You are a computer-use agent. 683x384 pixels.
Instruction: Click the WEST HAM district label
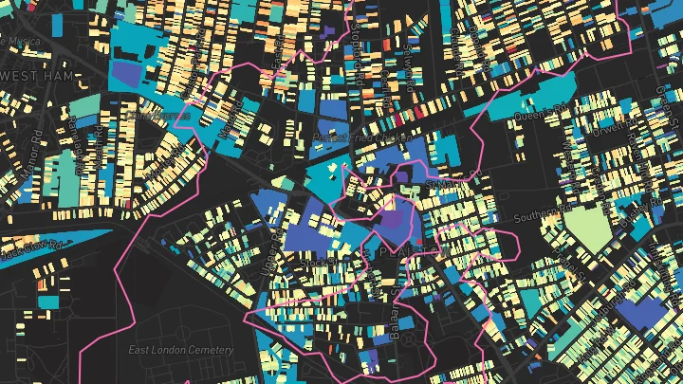click(x=33, y=74)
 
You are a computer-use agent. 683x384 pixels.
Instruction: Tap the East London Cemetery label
click(x=180, y=350)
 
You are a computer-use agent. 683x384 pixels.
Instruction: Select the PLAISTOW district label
click(x=410, y=252)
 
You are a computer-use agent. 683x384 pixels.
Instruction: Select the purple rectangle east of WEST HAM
click(x=124, y=74)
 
